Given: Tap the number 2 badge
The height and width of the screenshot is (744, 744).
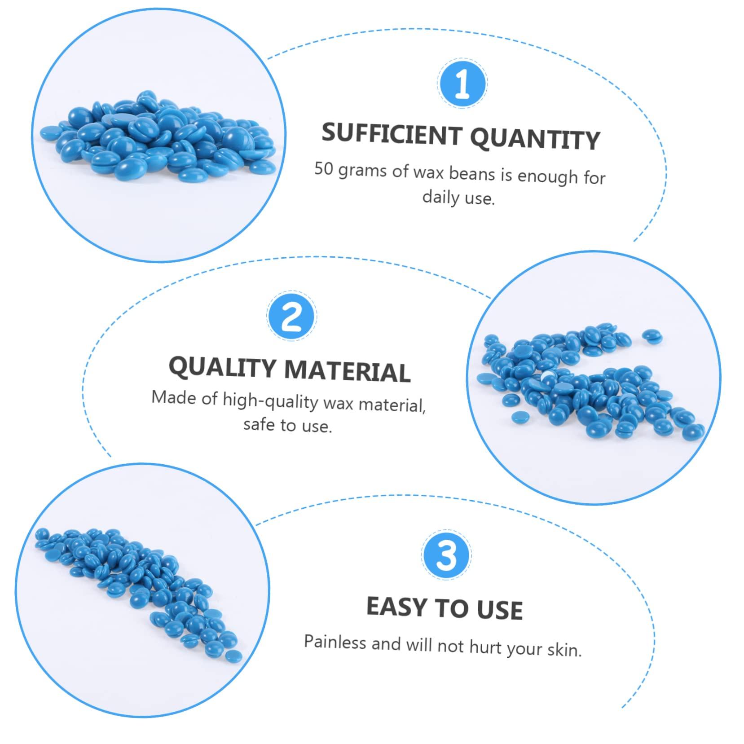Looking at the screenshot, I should (292, 316).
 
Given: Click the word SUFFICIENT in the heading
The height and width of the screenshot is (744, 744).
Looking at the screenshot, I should (392, 134).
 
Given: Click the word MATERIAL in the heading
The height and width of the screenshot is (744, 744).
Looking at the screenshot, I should (347, 371).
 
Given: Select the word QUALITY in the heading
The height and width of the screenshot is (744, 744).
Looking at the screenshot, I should (222, 367).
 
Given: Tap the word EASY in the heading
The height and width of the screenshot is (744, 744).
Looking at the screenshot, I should (396, 606).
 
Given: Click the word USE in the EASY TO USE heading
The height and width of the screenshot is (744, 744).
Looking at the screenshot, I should (499, 609).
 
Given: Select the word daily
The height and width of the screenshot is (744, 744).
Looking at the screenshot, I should (440, 197).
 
